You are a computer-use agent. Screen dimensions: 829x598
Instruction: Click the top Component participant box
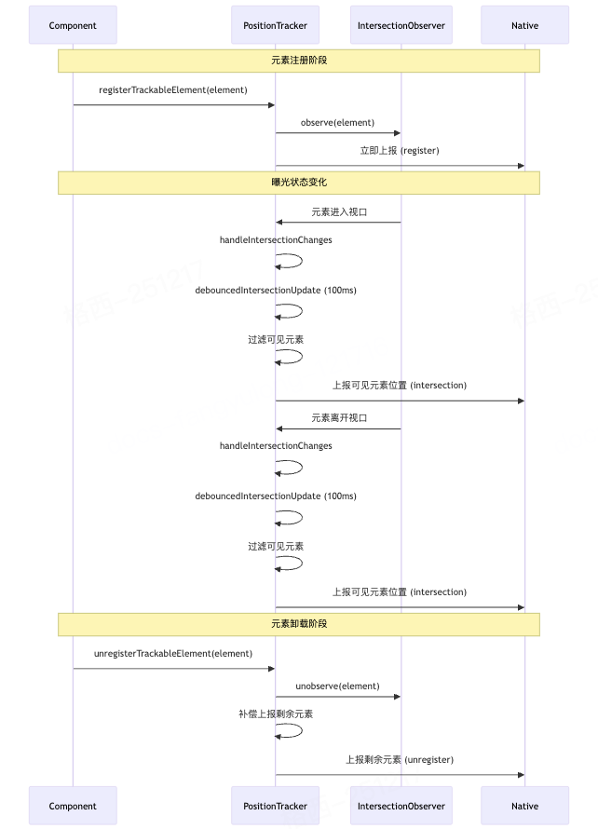pos(73,25)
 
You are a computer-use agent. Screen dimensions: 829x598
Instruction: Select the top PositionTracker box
pos(275,25)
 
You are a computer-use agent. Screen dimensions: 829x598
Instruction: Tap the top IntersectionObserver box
pos(401,25)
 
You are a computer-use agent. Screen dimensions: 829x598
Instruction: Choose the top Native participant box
pos(524,25)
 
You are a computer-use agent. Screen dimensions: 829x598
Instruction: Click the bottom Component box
pos(73,806)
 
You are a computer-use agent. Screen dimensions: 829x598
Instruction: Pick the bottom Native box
pos(524,806)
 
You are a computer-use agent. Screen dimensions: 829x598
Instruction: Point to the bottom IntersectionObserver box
pos(401,806)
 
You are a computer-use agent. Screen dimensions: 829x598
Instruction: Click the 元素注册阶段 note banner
pos(299,61)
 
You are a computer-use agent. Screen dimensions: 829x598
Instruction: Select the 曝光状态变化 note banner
pos(299,183)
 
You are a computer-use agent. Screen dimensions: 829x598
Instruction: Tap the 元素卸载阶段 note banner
pos(299,624)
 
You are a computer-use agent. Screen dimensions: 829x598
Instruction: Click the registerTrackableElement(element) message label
pos(173,90)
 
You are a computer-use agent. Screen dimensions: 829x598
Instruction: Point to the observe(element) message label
pos(337,122)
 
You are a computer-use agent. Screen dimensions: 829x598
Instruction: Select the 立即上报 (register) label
pos(400,150)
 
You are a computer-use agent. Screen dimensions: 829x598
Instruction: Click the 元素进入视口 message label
pos(339,211)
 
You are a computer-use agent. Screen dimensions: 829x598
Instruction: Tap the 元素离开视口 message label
pos(339,418)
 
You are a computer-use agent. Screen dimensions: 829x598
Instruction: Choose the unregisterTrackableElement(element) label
pos(173,653)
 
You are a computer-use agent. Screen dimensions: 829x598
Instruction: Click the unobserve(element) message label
pos(337,686)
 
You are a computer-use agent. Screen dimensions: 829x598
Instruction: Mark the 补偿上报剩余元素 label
pos(275,713)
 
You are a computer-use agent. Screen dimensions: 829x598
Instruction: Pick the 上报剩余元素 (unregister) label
pos(400,759)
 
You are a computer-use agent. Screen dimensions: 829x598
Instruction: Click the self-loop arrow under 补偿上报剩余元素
pos(291,730)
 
